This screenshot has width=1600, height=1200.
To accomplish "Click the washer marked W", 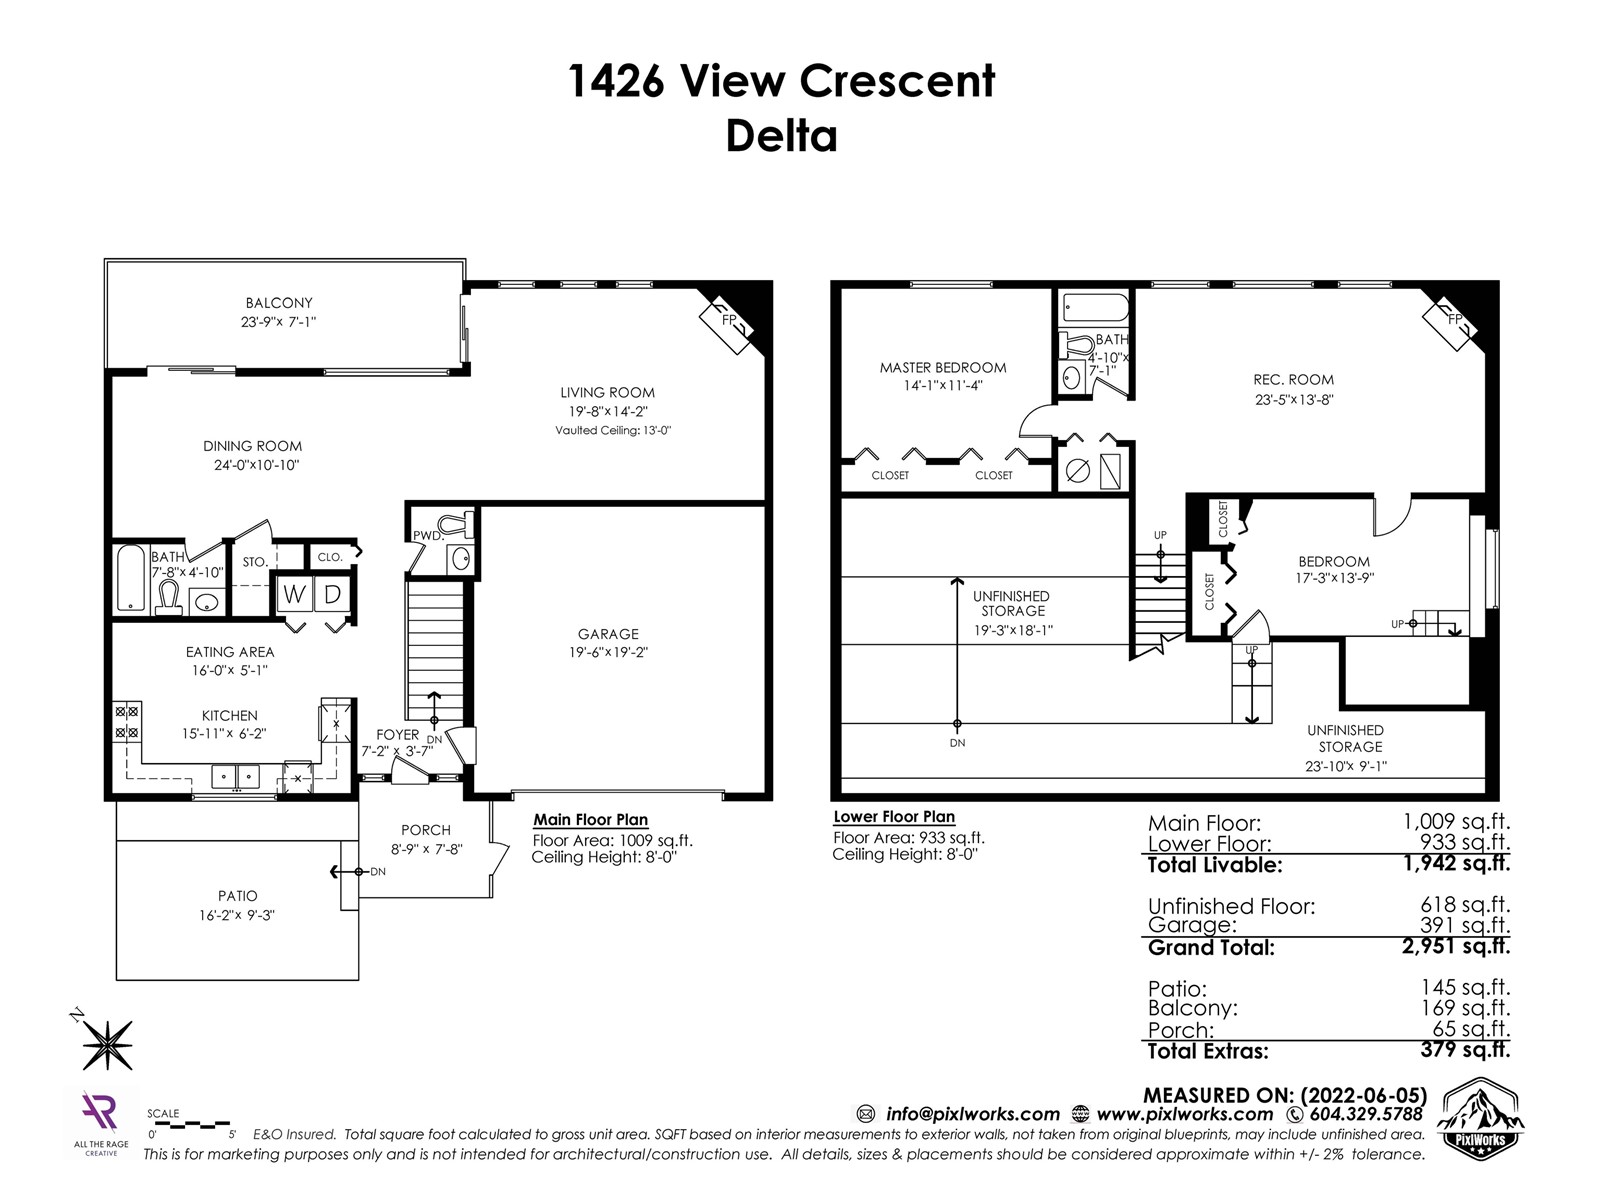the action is [294, 595].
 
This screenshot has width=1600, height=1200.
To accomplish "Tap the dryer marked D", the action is [332, 595].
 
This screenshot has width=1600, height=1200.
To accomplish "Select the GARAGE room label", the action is [608, 634].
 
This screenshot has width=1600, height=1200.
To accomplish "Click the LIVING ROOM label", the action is [607, 392].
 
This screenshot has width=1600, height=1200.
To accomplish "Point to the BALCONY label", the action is [278, 302].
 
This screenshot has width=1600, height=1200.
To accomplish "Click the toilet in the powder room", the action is [457, 524].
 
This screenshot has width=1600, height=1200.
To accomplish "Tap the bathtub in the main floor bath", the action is [131, 577].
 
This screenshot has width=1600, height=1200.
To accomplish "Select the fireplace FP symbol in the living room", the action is [727, 321].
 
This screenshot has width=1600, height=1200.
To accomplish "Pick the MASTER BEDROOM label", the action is [943, 367].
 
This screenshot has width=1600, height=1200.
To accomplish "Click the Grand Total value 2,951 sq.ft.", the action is [1456, 946].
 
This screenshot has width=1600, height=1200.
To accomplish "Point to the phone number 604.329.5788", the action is [1366, 1114].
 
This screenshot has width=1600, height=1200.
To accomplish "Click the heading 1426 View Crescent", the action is [781, 80].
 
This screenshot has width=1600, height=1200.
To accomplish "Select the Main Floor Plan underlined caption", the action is [590, 820].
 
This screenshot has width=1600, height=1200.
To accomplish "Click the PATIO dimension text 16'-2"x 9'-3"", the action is [237, 915].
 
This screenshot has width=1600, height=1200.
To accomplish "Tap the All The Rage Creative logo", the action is [101, 1122].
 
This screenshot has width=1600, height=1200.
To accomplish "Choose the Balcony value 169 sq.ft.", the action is [1465, 1008].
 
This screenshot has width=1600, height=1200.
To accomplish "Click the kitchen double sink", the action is [235, 777].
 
